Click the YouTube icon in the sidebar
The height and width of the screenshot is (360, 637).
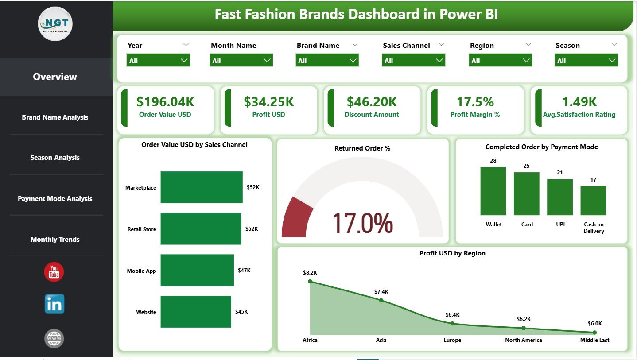click(54, 272)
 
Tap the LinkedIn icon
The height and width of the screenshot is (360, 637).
click(54, 304)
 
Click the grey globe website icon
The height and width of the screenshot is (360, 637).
click(54, 339)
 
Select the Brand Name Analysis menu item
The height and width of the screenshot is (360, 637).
click(55, 117)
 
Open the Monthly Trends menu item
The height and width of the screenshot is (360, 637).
click(55, 240)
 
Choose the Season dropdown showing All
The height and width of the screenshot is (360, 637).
click(586, 61)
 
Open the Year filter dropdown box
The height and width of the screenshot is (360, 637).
click(158, 61)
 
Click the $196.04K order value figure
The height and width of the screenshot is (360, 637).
click(165, 102)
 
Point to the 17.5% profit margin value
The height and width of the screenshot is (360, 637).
click(475, 102)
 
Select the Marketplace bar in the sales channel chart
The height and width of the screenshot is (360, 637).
click(202, 187)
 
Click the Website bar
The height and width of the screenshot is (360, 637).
click(196, 312)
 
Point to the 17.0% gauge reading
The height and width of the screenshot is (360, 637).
click(362, 223)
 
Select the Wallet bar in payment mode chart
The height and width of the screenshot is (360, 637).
click(493, 191)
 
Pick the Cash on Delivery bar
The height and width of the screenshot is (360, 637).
click(593, 201)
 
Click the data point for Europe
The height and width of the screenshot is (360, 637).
click(452, 323)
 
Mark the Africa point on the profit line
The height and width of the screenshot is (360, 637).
click(310, 281)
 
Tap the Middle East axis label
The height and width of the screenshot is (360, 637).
click(594, 340)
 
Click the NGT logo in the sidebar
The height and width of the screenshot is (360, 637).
click(55, 23)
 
